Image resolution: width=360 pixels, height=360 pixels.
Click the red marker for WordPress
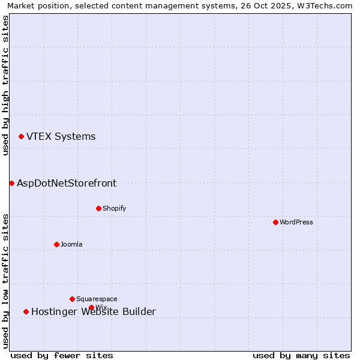(x=275, y=222)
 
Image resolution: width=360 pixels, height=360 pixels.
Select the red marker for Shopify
(x=98, y=208)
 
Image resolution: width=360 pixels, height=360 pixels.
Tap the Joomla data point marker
(x=56, y=244)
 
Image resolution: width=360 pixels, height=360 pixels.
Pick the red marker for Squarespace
(x=72, y=299)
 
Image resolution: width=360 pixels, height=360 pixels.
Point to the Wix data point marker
(x=91, y=307)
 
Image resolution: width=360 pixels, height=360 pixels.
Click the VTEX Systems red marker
(x=21, y=136)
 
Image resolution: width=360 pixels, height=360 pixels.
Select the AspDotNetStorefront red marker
(x=11, y=183)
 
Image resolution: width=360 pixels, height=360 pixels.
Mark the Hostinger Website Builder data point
(x=26, y=311)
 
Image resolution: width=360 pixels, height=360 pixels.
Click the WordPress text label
(x=296, y=222)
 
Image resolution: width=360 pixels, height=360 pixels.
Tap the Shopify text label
(x=114, y=208)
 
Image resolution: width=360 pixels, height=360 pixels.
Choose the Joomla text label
(x=71, y=244)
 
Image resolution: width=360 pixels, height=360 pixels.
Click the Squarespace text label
(x=97, y=299)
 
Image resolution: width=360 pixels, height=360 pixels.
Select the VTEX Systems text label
(x=61, y=136)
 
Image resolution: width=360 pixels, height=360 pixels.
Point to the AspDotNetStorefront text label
(x=67, y=183)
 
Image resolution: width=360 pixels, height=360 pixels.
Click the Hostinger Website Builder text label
(x=94, y=311)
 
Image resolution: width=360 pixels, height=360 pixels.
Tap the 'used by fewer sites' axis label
(x=62, y=355)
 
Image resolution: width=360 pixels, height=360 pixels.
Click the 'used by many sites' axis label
(x=301, y=355)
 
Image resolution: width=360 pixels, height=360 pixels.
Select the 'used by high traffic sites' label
(x=5, y=85)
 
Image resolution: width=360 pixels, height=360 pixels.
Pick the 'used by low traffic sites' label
(x=5, y=280)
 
